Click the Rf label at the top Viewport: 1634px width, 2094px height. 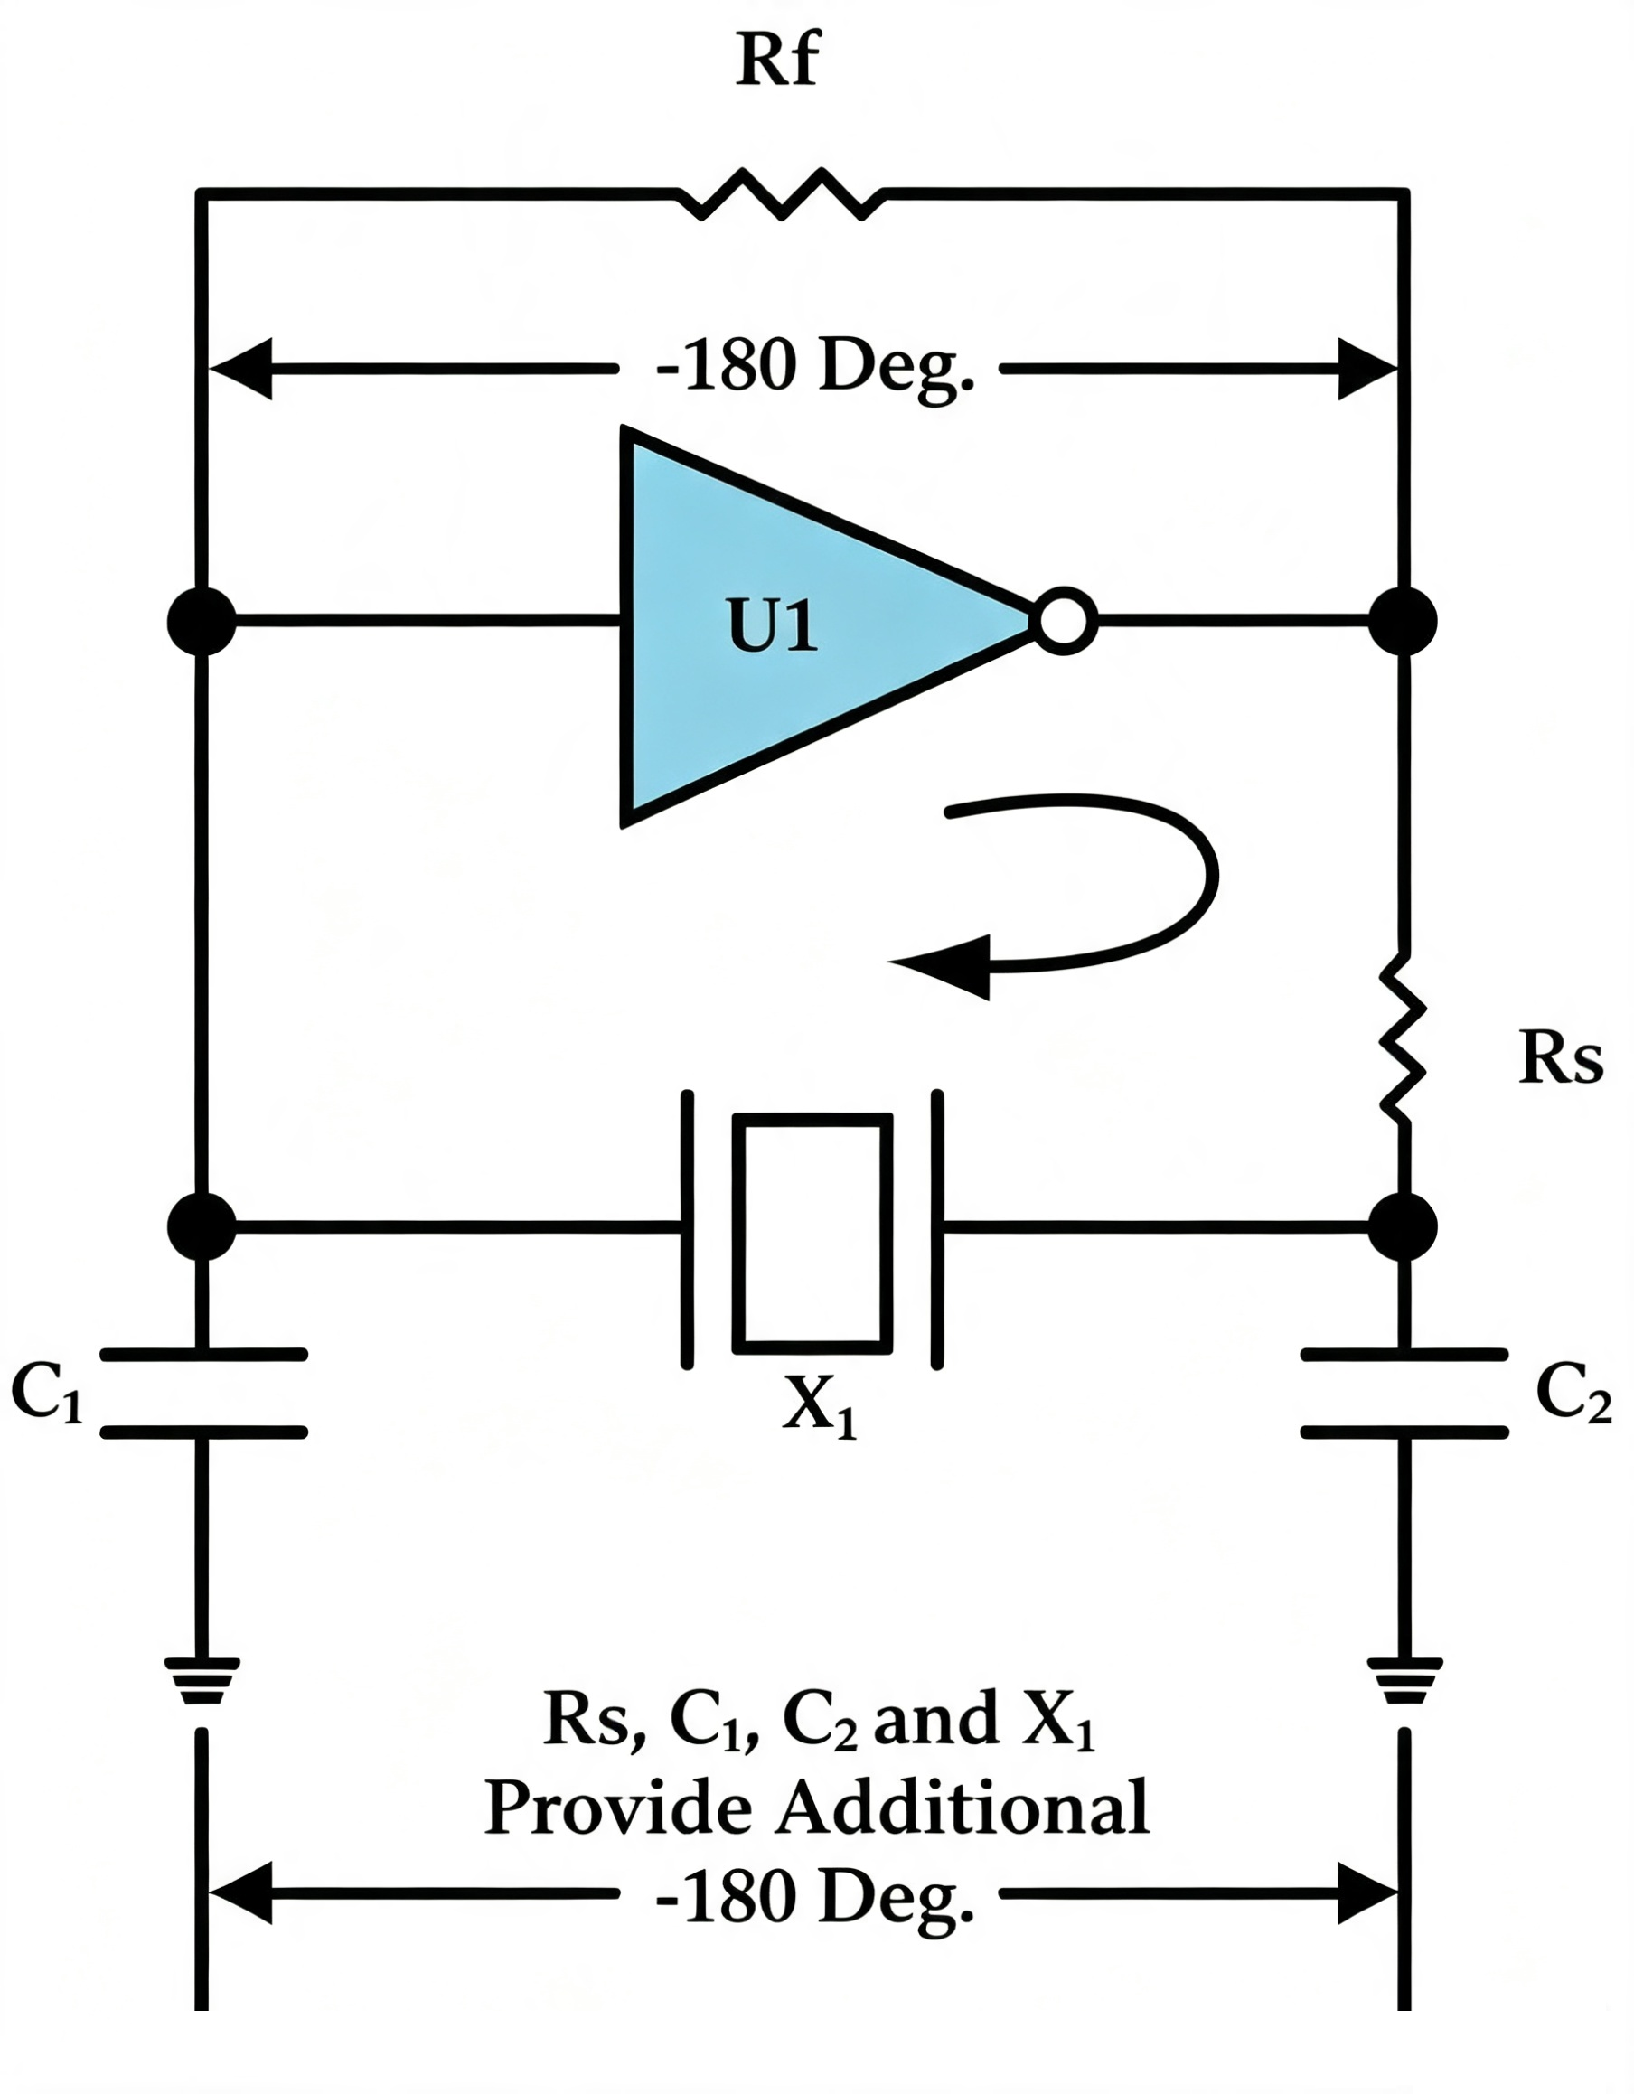point(776,62)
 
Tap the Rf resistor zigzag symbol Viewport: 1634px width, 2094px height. point(782,194)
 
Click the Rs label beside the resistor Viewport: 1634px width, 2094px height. point(1561,1059)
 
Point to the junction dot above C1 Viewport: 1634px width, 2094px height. point(202,1226)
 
